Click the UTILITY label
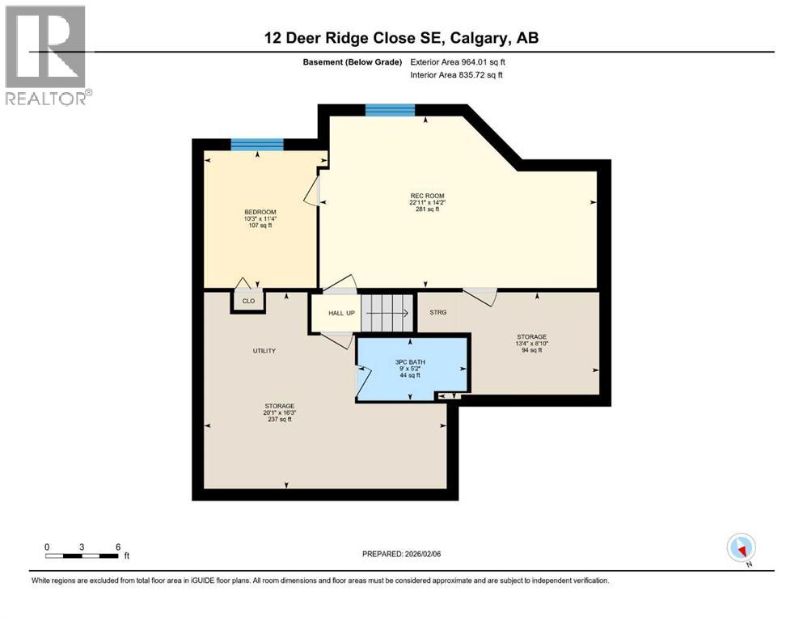pyautogui.click(x=264, y=350)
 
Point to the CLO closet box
pyautogui.click(x=248, y=301)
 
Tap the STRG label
pyautogui.click(x=437, y=312)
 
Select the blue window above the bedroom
pyautogui.click(x=257, y=145)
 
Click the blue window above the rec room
pyautogui.click(x=390, y=111)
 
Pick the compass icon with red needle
pyautogui.click(x=741, y=549)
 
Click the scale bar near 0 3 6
pyautogui.click(x=82, y=556)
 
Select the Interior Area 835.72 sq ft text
pyautogui.click(x=457, y=75)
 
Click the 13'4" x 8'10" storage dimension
pyautogui.click(x=532, y=344)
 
